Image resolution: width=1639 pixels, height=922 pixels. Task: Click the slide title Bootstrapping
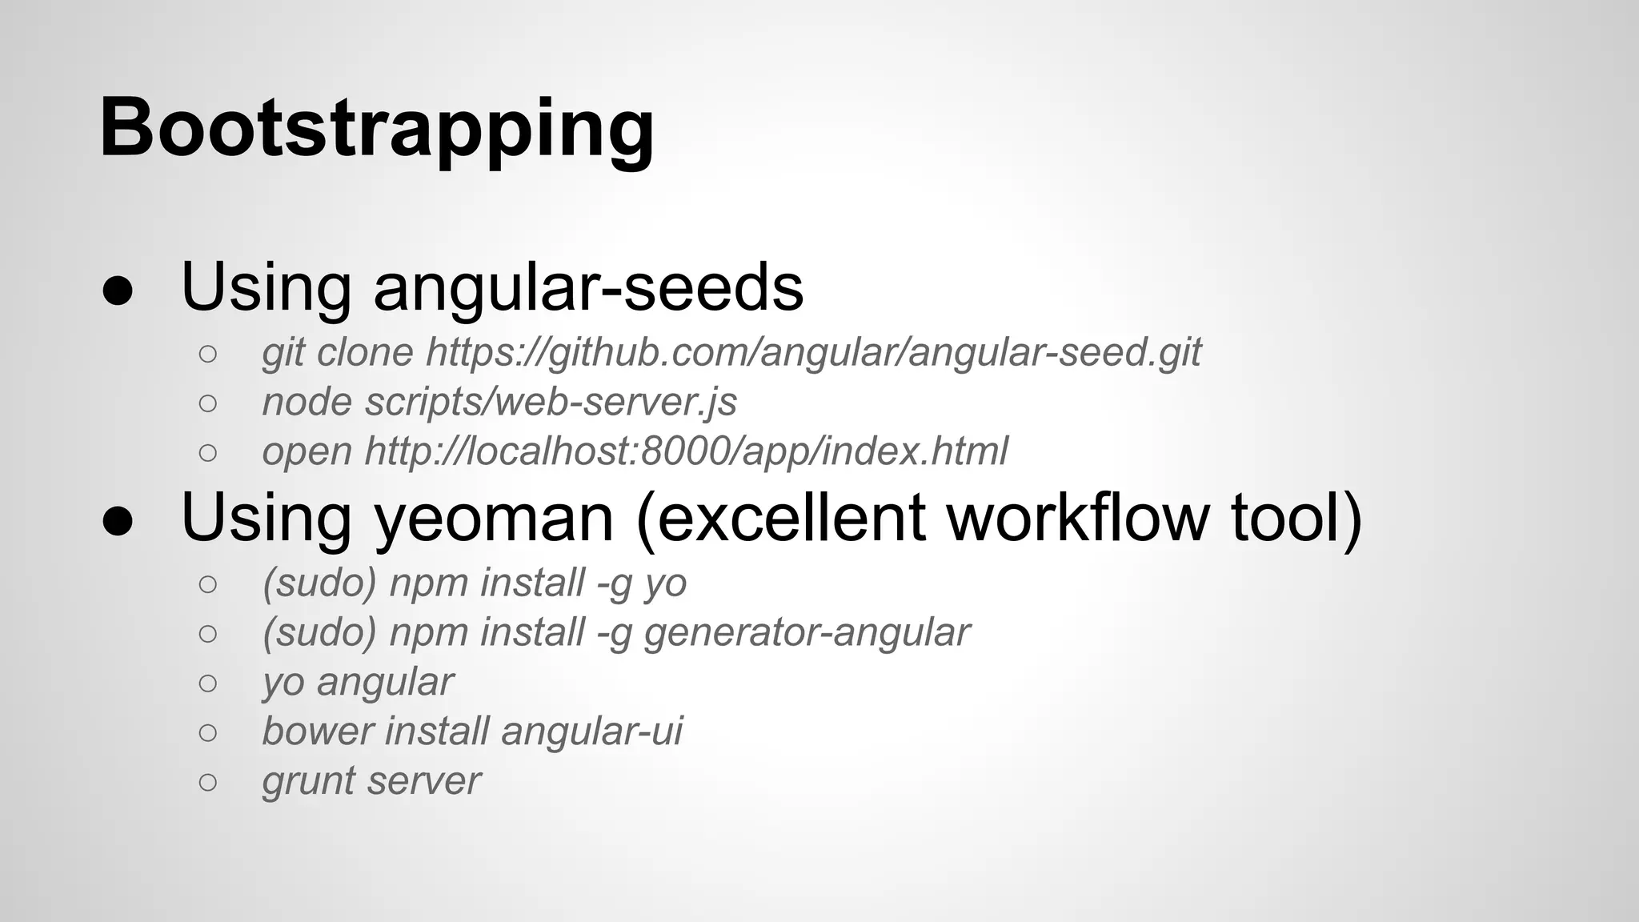pyautogui.click(x=377, y=128)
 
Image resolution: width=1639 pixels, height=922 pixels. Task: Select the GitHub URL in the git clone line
pyautogui.click(x=813, y=353)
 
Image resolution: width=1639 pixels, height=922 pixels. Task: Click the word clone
pyautogui.click(x=365, y=353)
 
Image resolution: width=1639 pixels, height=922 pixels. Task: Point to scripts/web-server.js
pyautogui.click(x=551, y=403)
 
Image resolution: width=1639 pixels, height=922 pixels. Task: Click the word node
pyautogui.click(x=307, y=403)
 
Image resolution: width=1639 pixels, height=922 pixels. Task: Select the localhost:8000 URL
pyautogui.click(x=686, y=451)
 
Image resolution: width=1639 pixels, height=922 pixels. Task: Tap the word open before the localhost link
pyautogui.click(x=307, y=452)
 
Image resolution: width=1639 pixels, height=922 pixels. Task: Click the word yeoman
pyautogui.click(x=494, y=519)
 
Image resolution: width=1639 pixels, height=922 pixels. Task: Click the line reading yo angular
pyautogui.click(x=358, y=683)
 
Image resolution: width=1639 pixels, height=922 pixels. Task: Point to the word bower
pyautogui.click(x=318, y=732)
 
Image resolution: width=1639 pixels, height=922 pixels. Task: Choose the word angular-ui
pyautogui.click(x=592, y=732)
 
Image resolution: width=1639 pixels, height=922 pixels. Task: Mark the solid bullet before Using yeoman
pyautogui.click(x=118, y=521)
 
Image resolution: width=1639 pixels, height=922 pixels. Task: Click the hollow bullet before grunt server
pyautogui.click(x=207, y=781)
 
